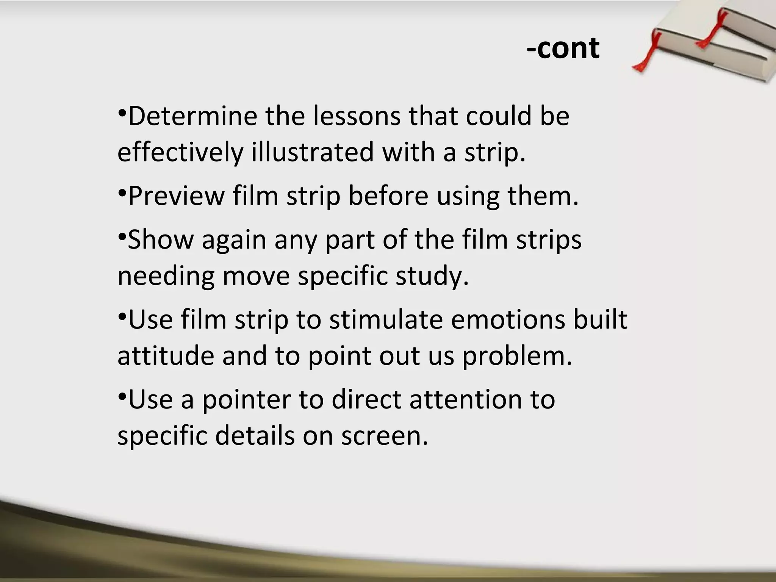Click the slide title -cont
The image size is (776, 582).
563,48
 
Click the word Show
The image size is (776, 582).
161,240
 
